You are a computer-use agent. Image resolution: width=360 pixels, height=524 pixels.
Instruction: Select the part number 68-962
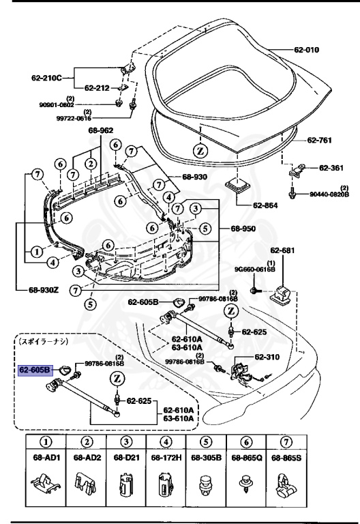pos(100,131)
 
